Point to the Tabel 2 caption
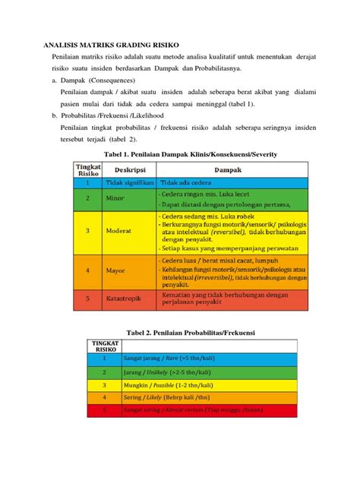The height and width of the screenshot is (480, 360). [x=179, y=332]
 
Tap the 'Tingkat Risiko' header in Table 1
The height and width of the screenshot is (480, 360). [x=87, y=169]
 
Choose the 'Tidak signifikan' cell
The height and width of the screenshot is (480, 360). [x=134, y=183]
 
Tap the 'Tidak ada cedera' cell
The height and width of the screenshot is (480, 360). [x=187, y=183]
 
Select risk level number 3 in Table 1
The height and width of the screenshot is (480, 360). [x=87, y=231]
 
